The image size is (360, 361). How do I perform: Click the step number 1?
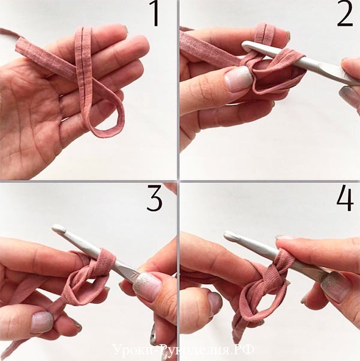coord(154,14)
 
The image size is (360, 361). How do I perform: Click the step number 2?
coord(345,14)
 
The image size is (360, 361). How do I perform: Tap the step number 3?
coord(155,198)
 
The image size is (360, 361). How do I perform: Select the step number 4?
coord(344,198)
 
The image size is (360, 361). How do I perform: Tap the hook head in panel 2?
coord(248,46)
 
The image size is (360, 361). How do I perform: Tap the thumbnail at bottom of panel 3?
coord(43,322)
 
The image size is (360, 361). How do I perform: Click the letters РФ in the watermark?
coord(245,350)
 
